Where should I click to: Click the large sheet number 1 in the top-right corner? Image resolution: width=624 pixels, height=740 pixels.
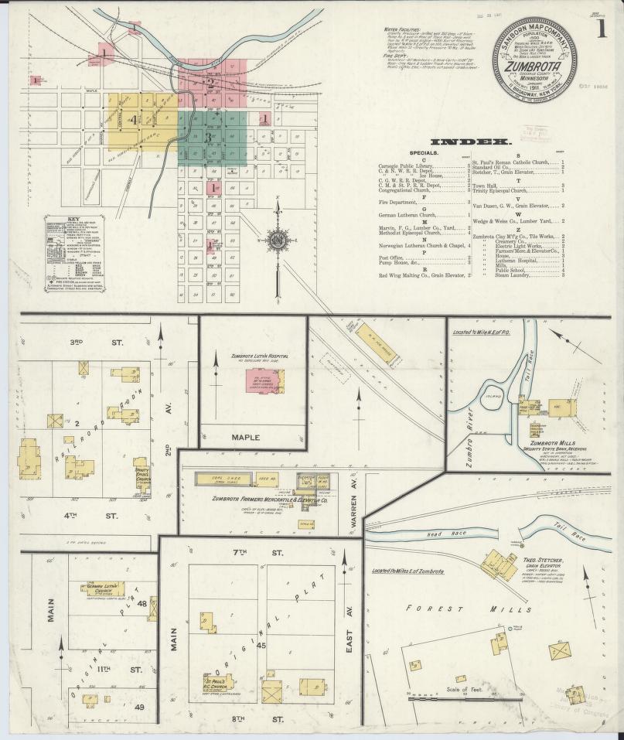tap(601, 29)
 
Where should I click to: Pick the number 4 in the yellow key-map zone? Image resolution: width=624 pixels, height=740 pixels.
tap(135, 119)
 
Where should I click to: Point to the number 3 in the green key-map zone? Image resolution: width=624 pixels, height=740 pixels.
tap(209, 136)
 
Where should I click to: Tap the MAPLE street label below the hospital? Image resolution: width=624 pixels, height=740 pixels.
tap(247, 437)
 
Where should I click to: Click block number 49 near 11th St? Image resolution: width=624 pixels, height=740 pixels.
tap(139, 707)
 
